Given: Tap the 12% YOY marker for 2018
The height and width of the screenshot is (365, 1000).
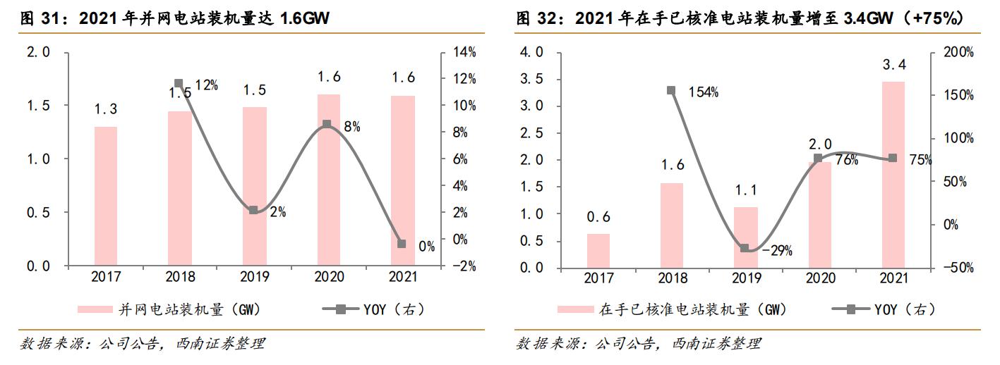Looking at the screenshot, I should coord(179,84).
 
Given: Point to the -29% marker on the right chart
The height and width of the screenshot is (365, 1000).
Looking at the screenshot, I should coord(744,248).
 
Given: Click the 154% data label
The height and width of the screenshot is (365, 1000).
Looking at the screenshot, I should coord(704,92).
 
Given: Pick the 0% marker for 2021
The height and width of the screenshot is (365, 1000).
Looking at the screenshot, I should coord(402,244).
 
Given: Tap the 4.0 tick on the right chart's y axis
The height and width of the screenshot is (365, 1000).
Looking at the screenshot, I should coord(531,52).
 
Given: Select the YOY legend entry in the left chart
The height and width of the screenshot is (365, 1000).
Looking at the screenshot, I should coord(374,309).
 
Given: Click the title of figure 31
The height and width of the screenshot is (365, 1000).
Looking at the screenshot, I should coord(176,19).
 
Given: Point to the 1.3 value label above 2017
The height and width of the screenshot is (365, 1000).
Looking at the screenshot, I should coord(105,109).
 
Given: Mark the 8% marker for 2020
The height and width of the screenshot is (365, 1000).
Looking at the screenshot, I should coord(327,124).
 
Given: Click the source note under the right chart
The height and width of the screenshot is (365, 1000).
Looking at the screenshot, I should coord(638,344).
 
